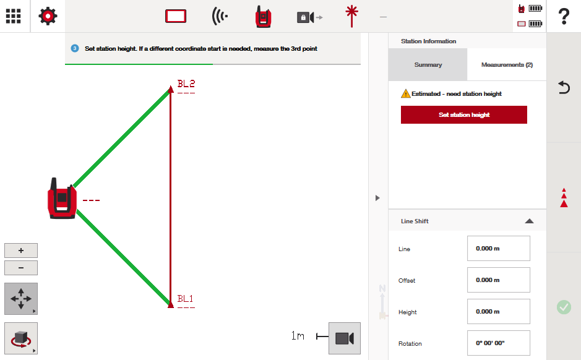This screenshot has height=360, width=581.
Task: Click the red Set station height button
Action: [x=464, y=115]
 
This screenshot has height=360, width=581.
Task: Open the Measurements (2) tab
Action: [x=507, y=65]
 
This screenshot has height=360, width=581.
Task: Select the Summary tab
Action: [x=428, y=65]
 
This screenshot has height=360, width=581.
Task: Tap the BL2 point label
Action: [x=186, y=84]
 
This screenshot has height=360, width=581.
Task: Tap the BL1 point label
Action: [x=185, y=299]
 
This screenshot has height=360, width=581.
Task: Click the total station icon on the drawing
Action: [x=62, y=199]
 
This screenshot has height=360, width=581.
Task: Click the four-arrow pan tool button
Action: [x=21, y=299]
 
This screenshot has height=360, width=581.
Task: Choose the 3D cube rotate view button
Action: [x=21, y=338]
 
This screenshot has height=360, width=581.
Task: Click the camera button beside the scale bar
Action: [x=345, y=338]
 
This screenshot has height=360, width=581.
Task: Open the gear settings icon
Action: [x=48, y=16]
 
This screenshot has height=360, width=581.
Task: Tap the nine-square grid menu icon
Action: [x=14, y=16]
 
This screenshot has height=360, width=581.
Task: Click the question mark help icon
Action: [x=564, y=16]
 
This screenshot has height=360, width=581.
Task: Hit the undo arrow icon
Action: [x=564, y=87]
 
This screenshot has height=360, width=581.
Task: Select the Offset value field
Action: [x=498, y=280]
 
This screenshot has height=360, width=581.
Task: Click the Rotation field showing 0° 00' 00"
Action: [x=498, y=343]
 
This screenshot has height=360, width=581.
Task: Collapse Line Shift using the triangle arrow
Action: [x=529, y=221]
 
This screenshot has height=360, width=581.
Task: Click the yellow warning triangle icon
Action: [x=406, y=93]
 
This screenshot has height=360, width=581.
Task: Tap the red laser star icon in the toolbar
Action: [x=351, y=16]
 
